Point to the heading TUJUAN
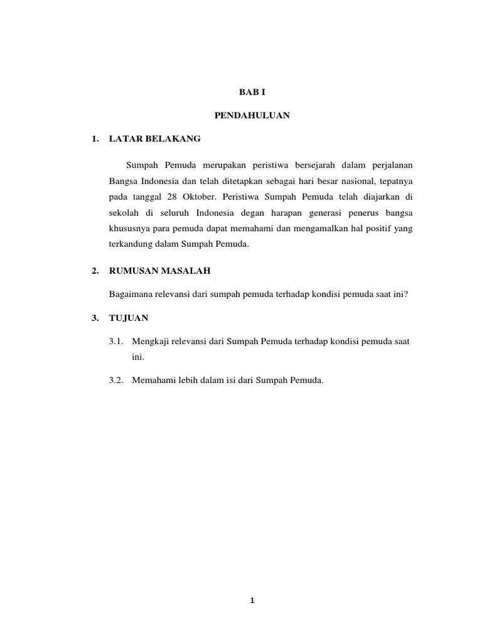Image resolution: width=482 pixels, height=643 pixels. pyautogui.click(x=129, y=318)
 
